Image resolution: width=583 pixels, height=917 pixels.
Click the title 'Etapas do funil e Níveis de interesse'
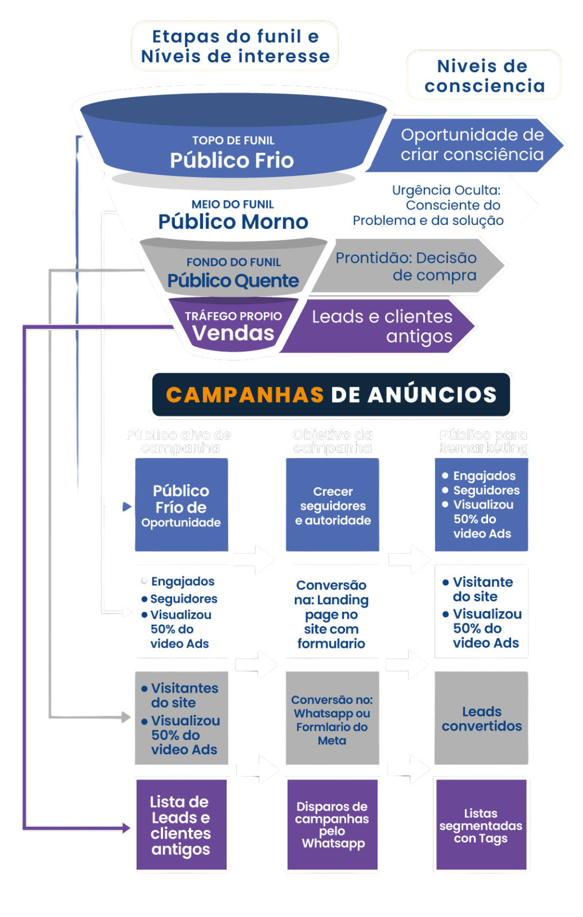[235, 46]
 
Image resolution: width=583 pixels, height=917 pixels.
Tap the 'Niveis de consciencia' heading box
[484, 76]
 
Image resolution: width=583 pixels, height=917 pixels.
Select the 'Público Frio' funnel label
[232, 160]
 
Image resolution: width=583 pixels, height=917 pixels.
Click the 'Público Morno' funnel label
[233, 221]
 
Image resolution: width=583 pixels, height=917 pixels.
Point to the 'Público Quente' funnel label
[233, 280]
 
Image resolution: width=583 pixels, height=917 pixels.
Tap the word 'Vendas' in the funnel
[233, 333]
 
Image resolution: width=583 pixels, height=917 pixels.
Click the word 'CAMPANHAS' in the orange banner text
[245, 395]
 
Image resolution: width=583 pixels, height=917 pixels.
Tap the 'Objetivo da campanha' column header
[333, 441]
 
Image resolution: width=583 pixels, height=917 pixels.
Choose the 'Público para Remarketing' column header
[483, 441]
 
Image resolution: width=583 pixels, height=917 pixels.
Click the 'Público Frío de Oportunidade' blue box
[181, 505]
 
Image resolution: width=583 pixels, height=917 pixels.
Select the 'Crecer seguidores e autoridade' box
[333, 505]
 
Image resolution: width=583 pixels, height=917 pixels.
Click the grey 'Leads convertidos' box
[482, 718]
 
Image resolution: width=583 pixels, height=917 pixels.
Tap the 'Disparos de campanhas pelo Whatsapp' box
[333, 824]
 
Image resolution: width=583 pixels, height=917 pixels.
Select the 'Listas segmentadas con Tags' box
[481, 824]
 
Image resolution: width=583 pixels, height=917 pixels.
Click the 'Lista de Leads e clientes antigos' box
[181, 824]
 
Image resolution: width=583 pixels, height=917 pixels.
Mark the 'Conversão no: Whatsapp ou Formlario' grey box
[332, 718]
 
